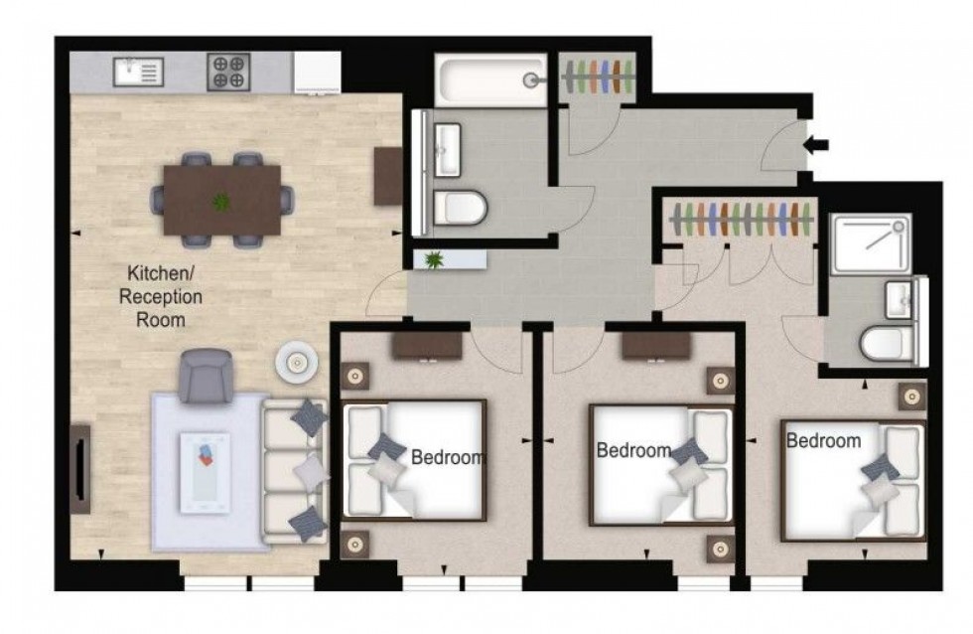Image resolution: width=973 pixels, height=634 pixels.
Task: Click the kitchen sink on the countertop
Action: click(138, 73)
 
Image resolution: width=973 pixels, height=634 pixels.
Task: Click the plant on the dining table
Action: click(220, 202)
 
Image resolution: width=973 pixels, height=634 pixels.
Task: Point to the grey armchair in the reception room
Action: click(206, 376)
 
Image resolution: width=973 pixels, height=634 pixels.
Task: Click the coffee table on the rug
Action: click(205, 473)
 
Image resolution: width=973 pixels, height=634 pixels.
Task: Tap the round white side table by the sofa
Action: click(296, 364)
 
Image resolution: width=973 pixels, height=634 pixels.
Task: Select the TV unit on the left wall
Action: click(80, 469)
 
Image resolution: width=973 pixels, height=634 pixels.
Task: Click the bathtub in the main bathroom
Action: click(490, 81)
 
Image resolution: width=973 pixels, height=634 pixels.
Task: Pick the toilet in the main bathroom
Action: click(461, 209)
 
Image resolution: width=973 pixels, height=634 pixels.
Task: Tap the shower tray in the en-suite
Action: click(870, 243)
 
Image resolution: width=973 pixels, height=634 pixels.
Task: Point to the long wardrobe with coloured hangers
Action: click(741, 219)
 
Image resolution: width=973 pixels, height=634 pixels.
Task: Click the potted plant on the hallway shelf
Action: click(434, 260)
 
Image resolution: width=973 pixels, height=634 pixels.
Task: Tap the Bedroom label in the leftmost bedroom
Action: click(447, 458)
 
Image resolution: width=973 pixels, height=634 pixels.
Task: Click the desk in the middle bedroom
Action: click(655, 345)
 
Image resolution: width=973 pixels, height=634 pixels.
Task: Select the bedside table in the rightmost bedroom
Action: click(912, 396)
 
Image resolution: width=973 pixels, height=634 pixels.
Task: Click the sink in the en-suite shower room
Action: click(901, 295)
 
